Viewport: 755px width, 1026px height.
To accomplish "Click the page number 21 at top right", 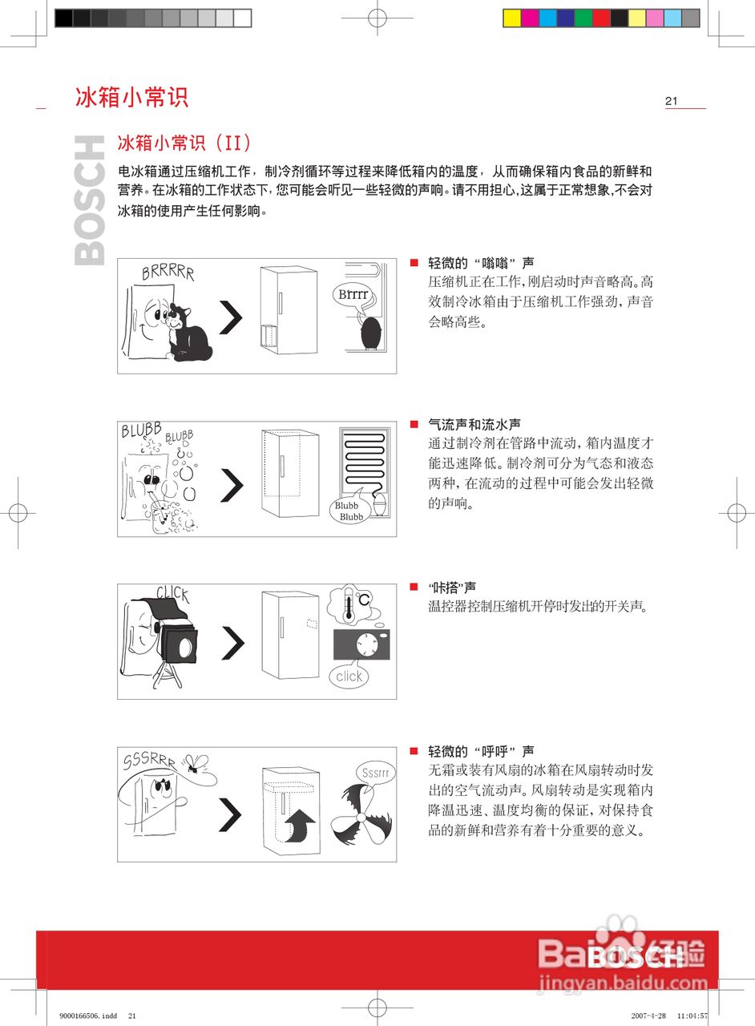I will (x=671, y=101).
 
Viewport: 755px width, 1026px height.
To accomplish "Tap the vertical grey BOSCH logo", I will (x=89, y=200).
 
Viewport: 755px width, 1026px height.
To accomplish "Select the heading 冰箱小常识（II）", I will (x=185, y=143).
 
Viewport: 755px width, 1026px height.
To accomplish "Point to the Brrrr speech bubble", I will (x=353, y=295).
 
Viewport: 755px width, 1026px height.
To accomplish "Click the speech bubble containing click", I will (x=349, y=676).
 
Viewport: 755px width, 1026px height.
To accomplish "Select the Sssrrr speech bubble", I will (x=374, y=774).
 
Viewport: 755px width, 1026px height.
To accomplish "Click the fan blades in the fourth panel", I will (x=360, y=818).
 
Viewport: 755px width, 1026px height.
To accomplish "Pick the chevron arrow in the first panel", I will (x=231, y=318).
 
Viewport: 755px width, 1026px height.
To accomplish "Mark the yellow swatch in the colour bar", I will (x=511, y=18).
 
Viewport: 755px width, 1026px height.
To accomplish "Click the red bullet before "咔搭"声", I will (x=414, y=588).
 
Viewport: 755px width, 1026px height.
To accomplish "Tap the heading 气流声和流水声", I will (x=474, y=424).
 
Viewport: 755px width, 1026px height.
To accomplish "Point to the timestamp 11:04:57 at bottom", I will (x=692, y=1016).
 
